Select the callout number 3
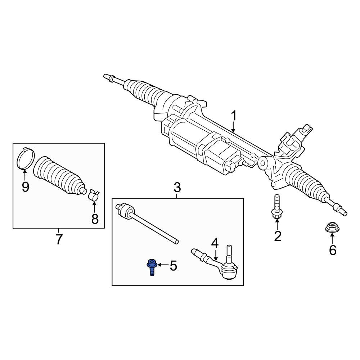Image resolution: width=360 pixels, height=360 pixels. point(177,188)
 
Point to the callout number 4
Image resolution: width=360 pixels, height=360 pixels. point(215,243)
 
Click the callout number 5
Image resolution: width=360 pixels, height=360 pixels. point(174,266)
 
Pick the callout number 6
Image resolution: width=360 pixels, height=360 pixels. point(333,250)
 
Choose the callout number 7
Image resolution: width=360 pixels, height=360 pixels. point(59,239)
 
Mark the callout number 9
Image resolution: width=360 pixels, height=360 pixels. point(26,187)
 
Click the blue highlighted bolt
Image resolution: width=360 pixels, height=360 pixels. point(152,267)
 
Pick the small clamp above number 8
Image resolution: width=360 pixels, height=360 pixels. point(94,195)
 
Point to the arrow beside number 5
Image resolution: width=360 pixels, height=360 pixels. point(163,265)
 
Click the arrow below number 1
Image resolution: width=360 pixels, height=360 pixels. point(233,127)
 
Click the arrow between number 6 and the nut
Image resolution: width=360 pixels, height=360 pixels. point(332,239)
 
